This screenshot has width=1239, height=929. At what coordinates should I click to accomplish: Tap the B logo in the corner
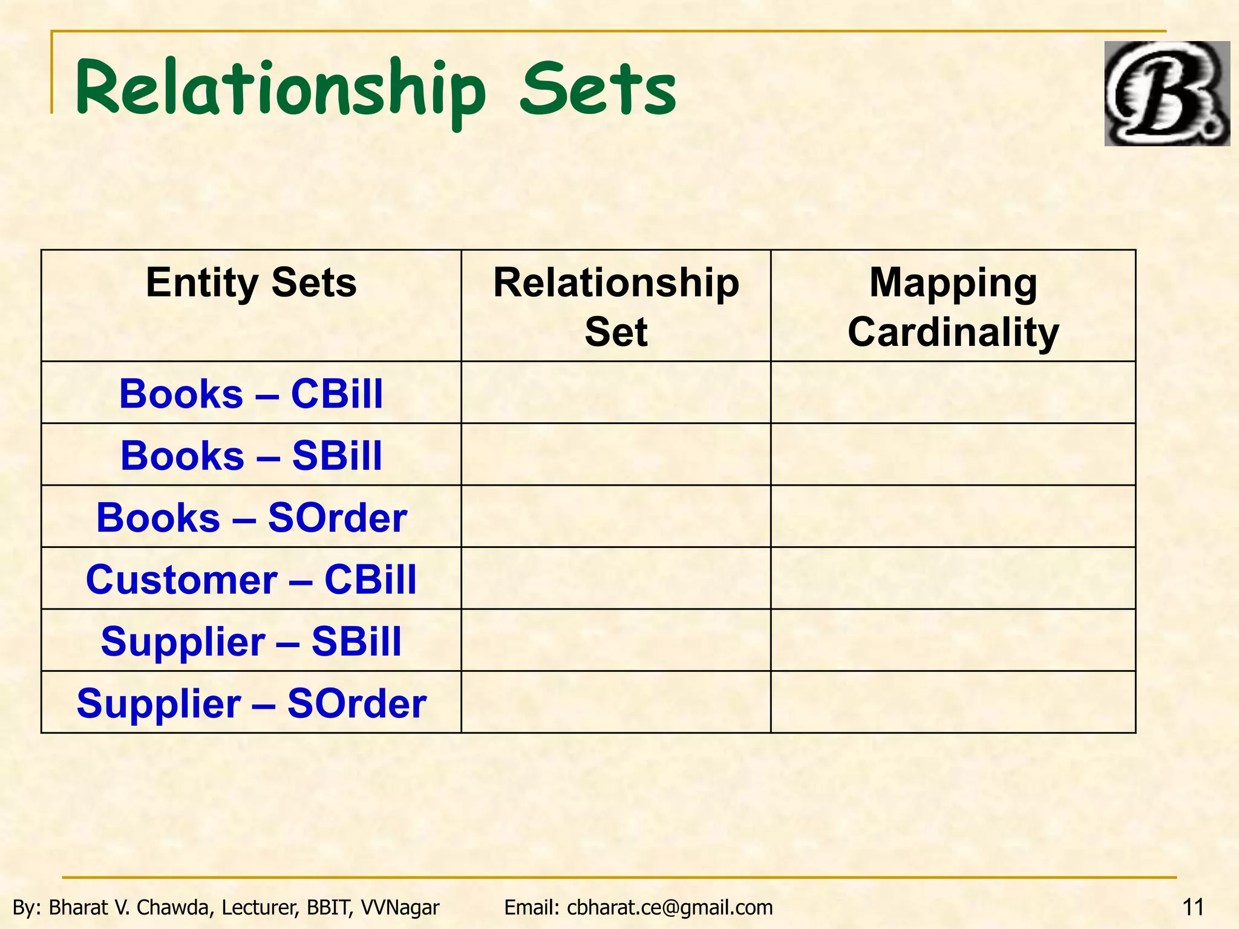tap(1166, 94)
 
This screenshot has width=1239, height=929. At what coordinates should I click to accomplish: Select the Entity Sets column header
tap(251, 283)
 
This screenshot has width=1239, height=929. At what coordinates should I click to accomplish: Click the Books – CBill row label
tap(251, 394)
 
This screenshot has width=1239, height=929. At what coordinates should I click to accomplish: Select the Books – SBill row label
tap(251, 455)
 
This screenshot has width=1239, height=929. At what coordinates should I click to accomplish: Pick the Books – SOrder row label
tap(251, 518)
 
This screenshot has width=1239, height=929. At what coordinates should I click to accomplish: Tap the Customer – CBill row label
tap(251, 579)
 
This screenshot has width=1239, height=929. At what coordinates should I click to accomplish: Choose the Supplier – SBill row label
tap(251, 641)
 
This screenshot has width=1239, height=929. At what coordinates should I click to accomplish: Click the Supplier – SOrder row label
tap(251, 703)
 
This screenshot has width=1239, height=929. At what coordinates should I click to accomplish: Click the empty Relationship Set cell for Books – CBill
tap(616, 393)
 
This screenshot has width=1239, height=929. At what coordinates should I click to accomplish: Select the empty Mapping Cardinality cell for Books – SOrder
tap(953, 517)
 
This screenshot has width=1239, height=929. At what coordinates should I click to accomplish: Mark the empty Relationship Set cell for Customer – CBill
tap(616, 578)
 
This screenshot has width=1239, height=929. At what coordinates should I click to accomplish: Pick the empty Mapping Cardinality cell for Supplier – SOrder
tap(953, 702)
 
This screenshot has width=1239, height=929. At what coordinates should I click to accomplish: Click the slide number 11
tap(1192, 907)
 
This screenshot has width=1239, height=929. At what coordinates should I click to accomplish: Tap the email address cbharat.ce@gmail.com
tap(670, 907)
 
